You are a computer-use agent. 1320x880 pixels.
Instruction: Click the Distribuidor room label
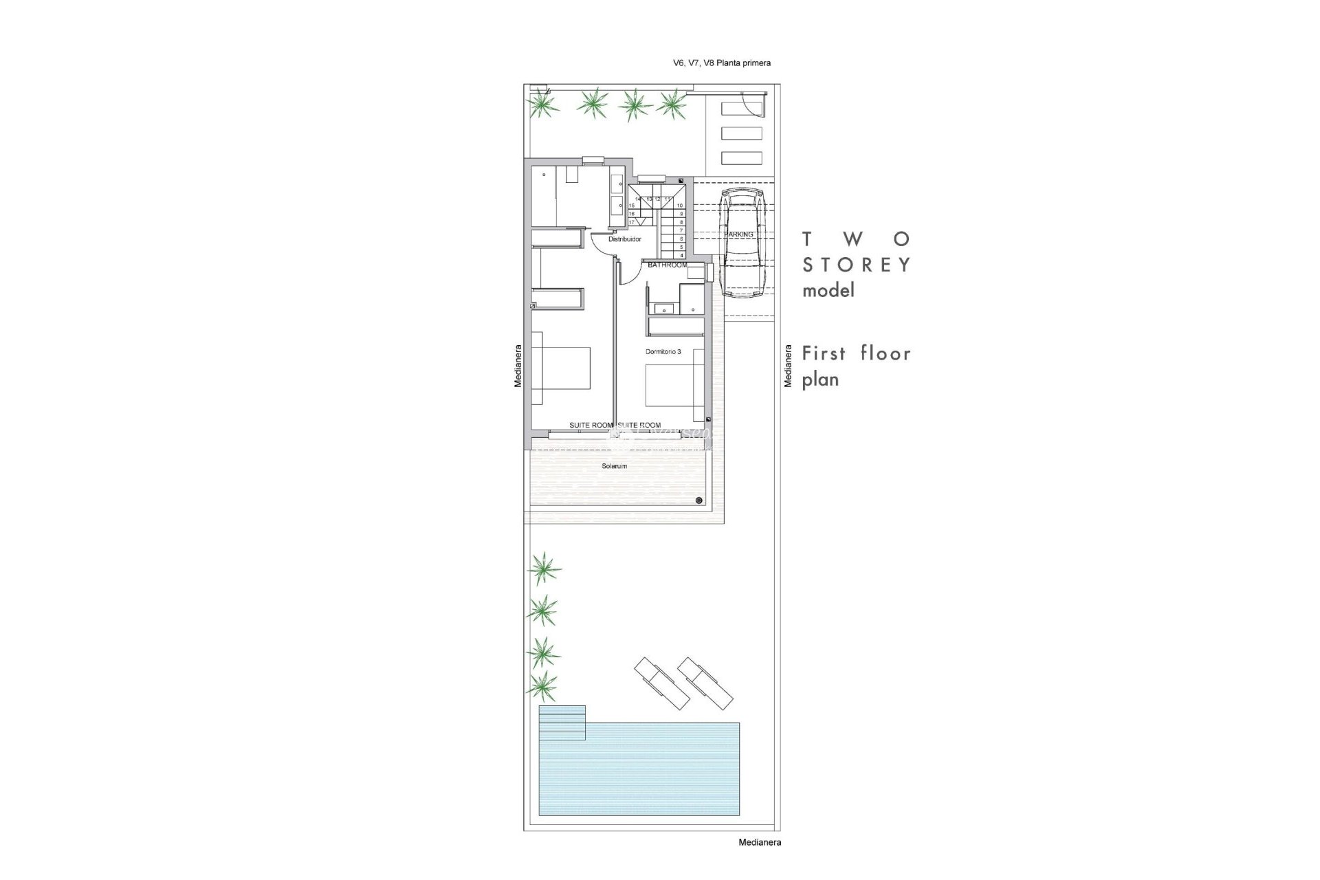coord(624,239)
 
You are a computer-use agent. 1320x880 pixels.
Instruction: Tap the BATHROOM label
coord(667,265)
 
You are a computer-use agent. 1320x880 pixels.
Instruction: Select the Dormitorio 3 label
coord(663,351)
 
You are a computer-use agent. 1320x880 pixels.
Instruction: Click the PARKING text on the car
coord(738,234)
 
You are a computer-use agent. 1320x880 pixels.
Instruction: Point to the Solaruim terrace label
coord(614,466)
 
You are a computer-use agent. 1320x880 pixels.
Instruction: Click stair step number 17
coord(631,222)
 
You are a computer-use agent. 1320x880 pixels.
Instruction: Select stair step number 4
coord(680,255)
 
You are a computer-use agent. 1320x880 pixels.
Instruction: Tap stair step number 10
coord(680,206)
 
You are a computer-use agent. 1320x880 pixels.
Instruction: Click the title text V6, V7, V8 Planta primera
coord(721,63)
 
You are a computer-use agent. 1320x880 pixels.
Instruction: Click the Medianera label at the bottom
coord(759,842)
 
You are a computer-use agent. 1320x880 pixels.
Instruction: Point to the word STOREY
coord(857,265)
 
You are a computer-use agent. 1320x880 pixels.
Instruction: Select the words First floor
coord(857,353)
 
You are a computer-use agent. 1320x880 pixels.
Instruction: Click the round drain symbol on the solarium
coord(699,500)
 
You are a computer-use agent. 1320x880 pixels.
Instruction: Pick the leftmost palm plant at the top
coord(543,105)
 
